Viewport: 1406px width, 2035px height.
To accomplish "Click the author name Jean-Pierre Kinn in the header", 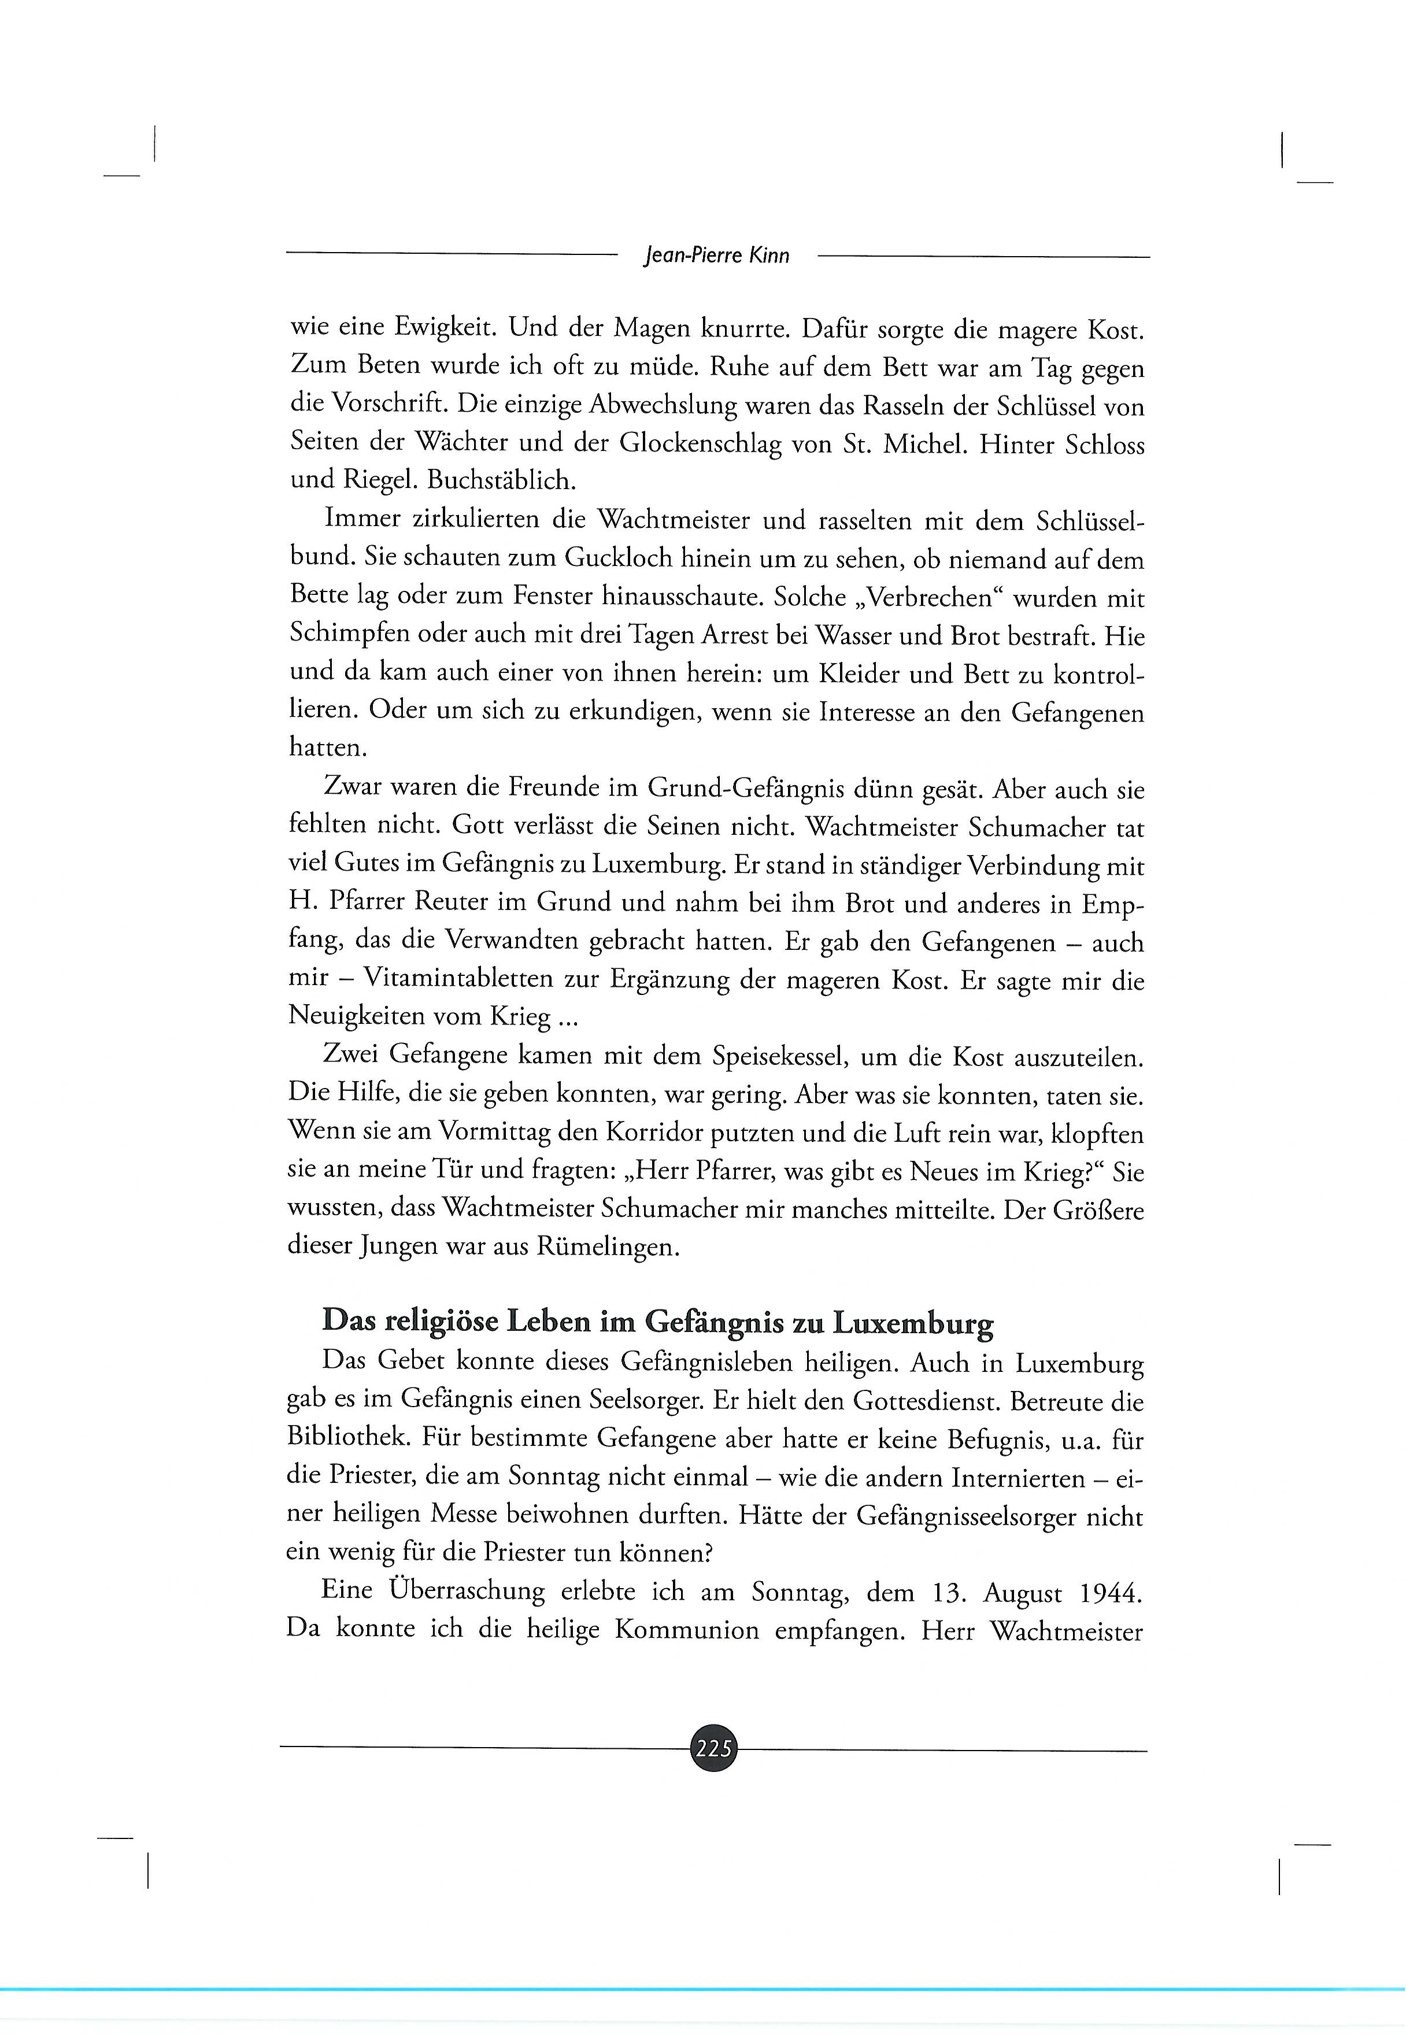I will point(717,256).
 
